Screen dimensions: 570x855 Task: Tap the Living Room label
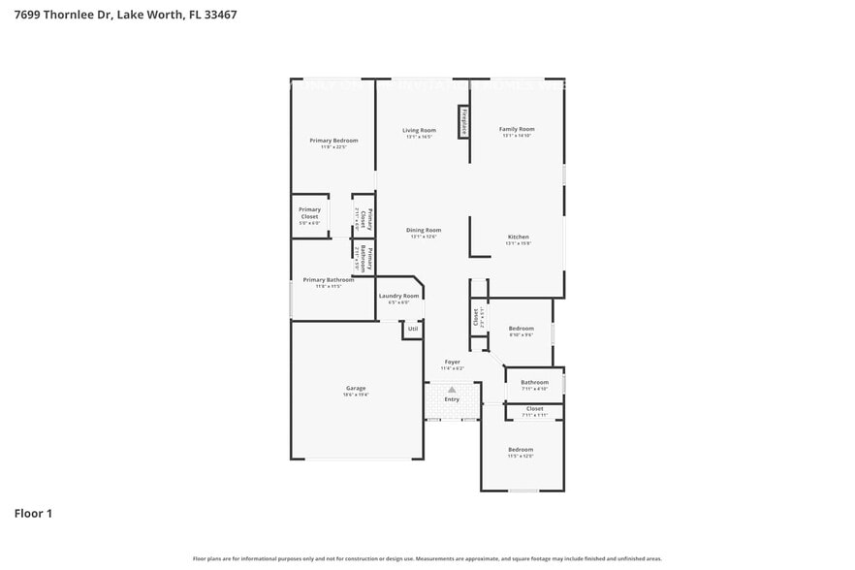[x=420, y=130]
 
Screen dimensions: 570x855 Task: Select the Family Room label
[x=517, y=129]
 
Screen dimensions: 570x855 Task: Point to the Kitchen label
[x=518, y=237]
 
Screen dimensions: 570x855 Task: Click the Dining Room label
[x=425, y=231]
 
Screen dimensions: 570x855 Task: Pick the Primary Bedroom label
[x=333, y=141]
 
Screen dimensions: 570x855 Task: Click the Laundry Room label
[x=398, y=296]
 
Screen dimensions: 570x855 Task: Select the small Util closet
[x=413, y=330]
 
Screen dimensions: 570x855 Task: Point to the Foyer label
[x=452, y=363]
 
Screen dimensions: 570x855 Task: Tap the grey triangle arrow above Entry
[x=452, y=389]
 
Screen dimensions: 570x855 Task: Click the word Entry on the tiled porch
[x=452, y=399]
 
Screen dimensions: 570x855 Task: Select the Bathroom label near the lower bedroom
[x=534, y=383]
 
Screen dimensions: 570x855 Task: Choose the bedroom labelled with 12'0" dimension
[x=521, y=450]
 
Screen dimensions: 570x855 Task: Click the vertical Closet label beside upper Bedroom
[x=476, y=316]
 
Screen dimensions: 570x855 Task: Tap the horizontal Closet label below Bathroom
[x=535, y=409]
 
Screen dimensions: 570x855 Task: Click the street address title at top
[x=125, y=16]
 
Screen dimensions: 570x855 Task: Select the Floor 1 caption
[x=33, y=513]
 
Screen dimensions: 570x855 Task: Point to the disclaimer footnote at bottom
[x=427, y=558]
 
